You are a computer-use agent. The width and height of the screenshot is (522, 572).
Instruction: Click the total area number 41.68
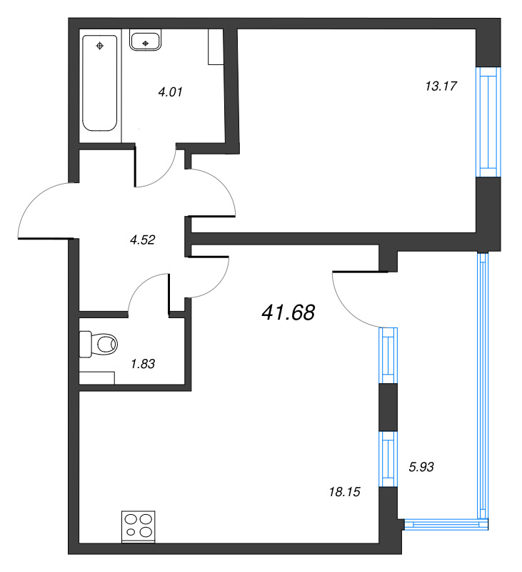click(288, 312)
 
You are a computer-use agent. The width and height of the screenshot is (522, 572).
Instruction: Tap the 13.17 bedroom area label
click(441, 86)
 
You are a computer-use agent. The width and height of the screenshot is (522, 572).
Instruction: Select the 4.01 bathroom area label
click(170, 92)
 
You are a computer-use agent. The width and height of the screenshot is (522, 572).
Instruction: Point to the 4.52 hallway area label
click(142, 240)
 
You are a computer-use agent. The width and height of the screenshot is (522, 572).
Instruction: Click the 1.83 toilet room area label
click(143, 364)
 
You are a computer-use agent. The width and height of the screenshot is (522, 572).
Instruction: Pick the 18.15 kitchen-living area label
click(344, 492)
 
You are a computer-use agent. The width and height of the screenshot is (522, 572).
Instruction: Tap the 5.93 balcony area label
click(421, 467)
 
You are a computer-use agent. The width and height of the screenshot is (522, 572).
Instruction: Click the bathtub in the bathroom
click(100, 83)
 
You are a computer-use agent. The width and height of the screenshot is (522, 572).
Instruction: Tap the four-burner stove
click(139, 526)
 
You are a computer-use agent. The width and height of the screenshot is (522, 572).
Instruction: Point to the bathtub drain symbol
click(100, 46)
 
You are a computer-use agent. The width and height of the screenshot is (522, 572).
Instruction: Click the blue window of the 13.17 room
click(488, 122)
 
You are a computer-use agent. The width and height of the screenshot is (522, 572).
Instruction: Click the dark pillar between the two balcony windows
click(388, 407)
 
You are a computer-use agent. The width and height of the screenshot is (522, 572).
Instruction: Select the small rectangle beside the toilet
click(97, 378)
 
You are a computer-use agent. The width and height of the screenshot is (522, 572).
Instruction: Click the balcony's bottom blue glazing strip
click(446, 524)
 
